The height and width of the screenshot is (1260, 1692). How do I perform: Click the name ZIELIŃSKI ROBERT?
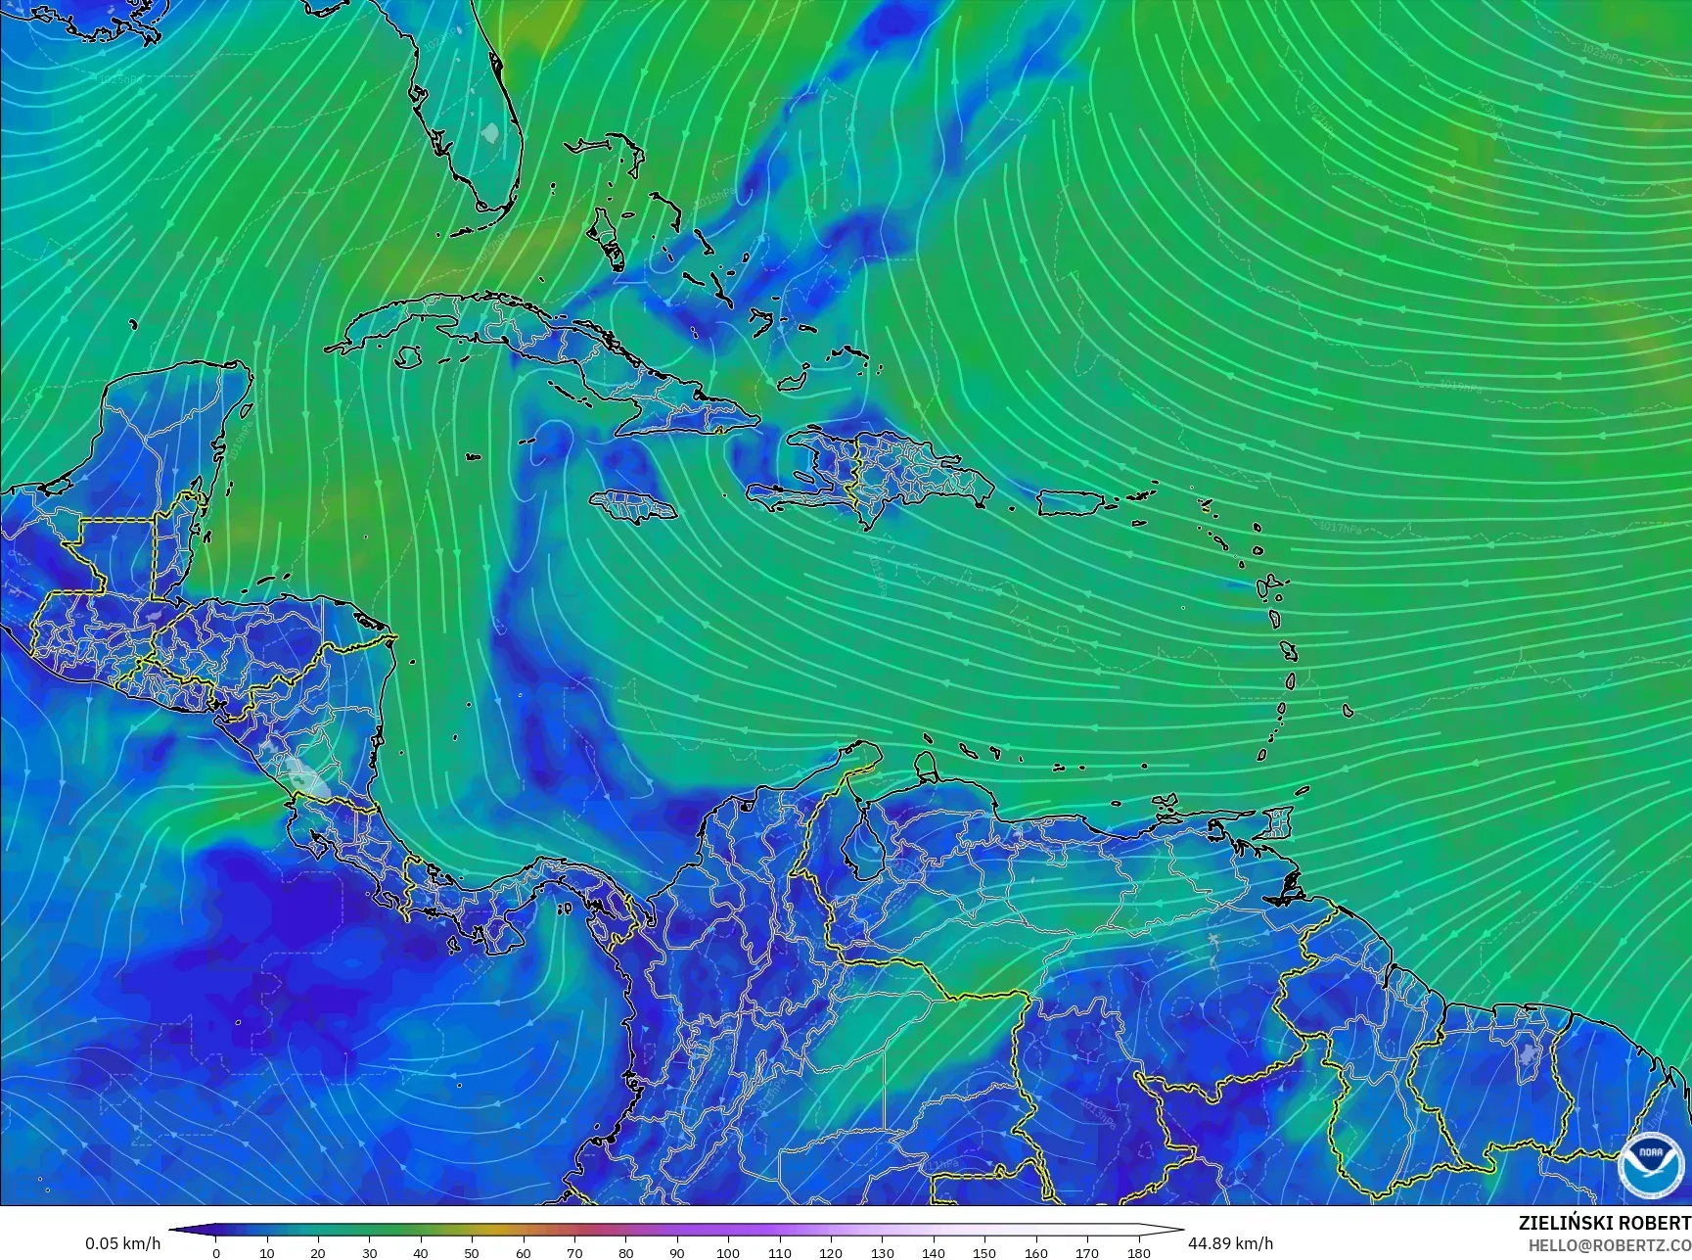tap(1604, 1223)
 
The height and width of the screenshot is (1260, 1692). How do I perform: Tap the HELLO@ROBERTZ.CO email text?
tap(1610, 1244)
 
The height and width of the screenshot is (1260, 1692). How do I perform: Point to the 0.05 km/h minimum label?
tap(122, 1243)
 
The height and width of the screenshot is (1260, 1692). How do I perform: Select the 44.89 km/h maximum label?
tap(1230, 1243)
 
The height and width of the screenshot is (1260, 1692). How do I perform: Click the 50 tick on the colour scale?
tap(472, 1252)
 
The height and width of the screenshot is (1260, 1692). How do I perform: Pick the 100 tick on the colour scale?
tap(728, 1252)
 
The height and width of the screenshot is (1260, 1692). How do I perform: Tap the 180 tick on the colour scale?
tap(1138, 1252)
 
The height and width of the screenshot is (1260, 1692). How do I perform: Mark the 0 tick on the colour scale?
tap(216, 1252)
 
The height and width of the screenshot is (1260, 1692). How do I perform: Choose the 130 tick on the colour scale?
tap(882, 1252)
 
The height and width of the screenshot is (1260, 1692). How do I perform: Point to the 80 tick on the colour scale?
tap(625, 1252)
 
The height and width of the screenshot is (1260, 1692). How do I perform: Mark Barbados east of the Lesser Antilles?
tap(1348, 711)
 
